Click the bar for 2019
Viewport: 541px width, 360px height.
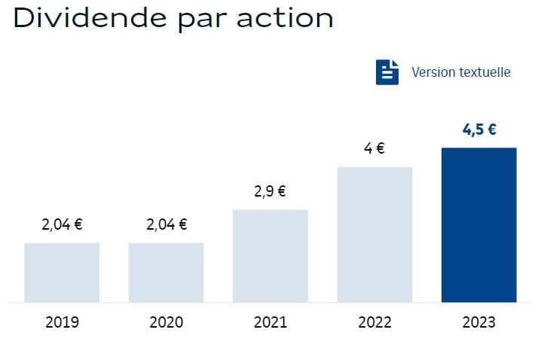pyautogui.click(x=62, y=272)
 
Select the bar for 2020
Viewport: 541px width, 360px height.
pyautogui.click(x=166, y=272)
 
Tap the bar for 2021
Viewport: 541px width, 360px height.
pyautogui.click(x=270, y=255)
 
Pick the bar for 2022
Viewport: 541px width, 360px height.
pyautogui.click(x=374, y=234)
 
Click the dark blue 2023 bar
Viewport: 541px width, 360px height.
pyautogui.click(x=478, y=224)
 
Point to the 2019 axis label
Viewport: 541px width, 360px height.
pyautogui.click(x=62, y=322)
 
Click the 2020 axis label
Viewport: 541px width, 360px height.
pyautogui.click(x=166, y=322)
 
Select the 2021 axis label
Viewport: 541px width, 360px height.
pyautogui.click(x=270, y=322)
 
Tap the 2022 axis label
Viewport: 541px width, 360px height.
pyautogui.click(x=374, y=322)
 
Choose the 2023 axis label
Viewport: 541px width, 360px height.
pyautogui.click(x=478, y=322)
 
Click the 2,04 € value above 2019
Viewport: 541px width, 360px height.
pyautogui.click(x=62, y=224)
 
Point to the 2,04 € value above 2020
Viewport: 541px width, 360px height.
pyautogui.click(x=166, y=224)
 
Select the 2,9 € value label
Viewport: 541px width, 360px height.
pyautogui.click(x=270, y=191)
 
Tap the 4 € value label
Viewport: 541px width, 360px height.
pyautogui.click(x=374, y=148)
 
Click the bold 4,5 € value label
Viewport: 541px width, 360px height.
pyautogui.click(x=478, y=129)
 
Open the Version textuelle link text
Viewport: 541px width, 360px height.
pyautogui.click(x=460, y=72)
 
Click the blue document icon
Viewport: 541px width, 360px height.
pyautogui.click(x=387, y=72)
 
